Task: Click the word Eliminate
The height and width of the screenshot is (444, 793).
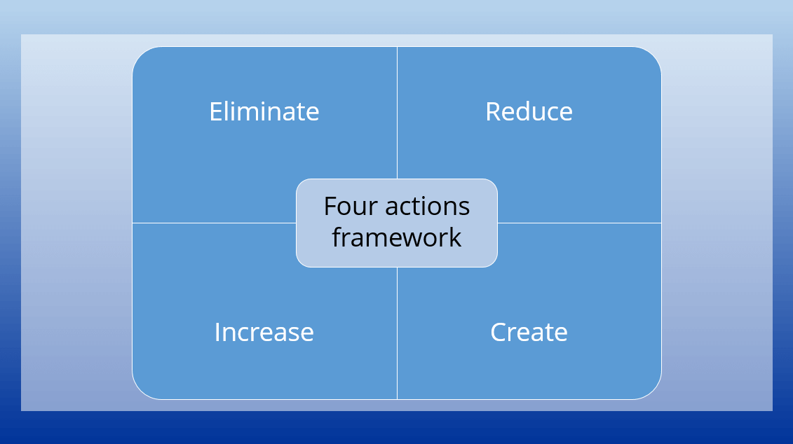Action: [x=264, y=111]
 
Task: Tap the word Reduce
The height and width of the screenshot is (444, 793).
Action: [x=529, y=111]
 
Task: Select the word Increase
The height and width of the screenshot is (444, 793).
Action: [x=264, y=332]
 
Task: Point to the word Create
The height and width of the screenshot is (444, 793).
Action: [x=529, y=332]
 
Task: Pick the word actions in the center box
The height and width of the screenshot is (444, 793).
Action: [x=427, y=207]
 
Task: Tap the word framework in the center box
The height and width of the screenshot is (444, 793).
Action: [x=397, y=237]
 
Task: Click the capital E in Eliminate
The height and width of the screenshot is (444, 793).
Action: [x=216, y=111]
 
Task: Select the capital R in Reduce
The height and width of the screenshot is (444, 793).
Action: [x=493, y=111]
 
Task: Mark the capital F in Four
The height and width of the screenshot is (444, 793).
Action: [x=330, y=207]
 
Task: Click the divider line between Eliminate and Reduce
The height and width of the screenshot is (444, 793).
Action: [x=397, y=113]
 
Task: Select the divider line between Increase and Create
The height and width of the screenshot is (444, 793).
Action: [x=397, y=333]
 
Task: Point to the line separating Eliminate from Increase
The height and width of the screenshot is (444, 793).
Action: [x=214, y=223]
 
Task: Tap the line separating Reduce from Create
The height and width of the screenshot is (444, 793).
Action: [x=580, y=223]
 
